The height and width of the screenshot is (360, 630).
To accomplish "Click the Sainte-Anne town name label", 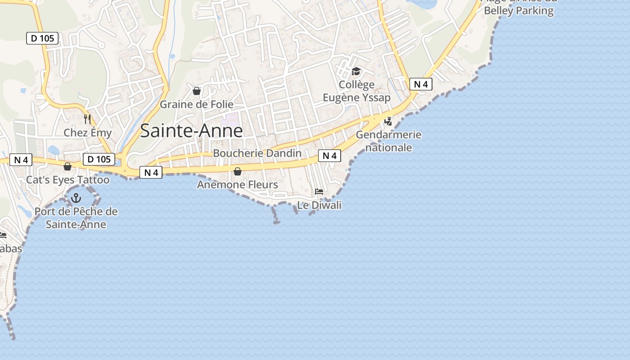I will coord(191,130).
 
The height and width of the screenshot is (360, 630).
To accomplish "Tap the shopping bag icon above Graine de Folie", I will coord(197,91).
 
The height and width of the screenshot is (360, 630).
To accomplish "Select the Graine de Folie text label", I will coord(197,104).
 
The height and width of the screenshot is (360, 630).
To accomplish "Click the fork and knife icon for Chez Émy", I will coord(87,119).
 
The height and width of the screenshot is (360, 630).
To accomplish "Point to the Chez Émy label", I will coord(87,133).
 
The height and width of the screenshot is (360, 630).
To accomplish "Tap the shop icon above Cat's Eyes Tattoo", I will coord(67,167).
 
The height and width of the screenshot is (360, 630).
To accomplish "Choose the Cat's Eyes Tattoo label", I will coord(67,180).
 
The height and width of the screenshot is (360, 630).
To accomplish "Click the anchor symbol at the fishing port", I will coord(76,198).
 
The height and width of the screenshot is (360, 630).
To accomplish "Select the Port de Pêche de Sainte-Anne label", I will coord(76,218).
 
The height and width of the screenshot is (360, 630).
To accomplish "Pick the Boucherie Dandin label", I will coord(257,153).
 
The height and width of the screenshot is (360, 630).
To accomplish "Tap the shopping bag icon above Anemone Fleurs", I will coord(238,171).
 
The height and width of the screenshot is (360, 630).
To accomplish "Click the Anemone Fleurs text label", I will coord(238,184).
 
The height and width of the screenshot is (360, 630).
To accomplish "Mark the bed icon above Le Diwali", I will coord(319,192).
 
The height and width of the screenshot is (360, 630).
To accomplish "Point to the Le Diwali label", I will coord(319,205).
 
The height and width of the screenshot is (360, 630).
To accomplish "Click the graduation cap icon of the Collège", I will coord(356,72).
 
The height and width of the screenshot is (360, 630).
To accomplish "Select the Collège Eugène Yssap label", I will coord(356,91).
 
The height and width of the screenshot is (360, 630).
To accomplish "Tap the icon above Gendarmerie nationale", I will coord(388,121).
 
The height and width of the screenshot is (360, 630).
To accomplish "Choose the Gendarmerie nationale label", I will coord(388,141).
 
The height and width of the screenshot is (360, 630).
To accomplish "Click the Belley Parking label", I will coord(518,10).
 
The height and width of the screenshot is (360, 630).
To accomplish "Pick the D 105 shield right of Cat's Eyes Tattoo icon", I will coord(99,159).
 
